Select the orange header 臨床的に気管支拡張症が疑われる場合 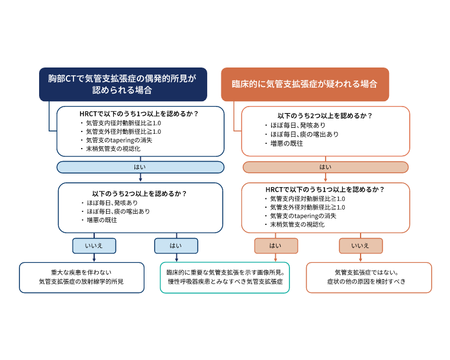(305, 84)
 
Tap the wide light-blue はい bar (140, 167)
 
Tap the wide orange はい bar (325, 167)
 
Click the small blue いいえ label (94, 245)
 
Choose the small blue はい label (176, 245)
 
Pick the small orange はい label (276, 245)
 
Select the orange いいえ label (360, 245)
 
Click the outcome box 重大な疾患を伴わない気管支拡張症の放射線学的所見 (82, 277)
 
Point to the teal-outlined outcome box (224, 277)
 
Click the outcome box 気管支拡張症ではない (368, 277)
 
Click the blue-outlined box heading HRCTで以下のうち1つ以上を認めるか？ (140, 130)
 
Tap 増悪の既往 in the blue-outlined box (101, 220)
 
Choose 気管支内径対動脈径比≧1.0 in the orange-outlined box (307, 198)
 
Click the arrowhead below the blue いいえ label (94, 259)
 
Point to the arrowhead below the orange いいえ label (360, 259)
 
